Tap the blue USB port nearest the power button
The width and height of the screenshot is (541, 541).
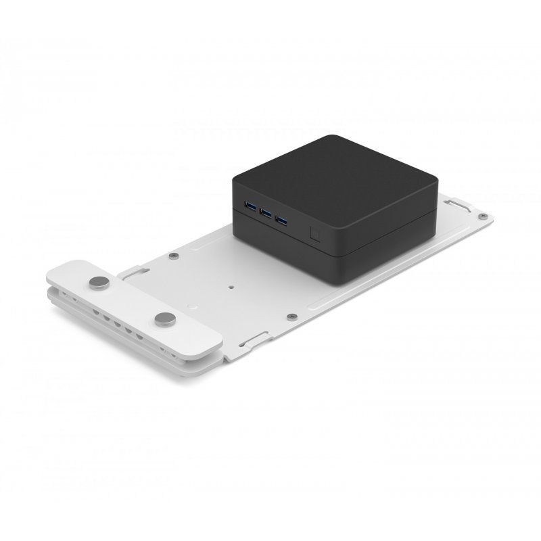coord(280,220)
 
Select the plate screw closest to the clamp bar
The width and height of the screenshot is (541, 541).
coord(174,255)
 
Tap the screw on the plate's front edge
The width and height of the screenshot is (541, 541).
coord(290,316)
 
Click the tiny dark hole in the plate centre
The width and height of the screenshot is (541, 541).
coord(232,285)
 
